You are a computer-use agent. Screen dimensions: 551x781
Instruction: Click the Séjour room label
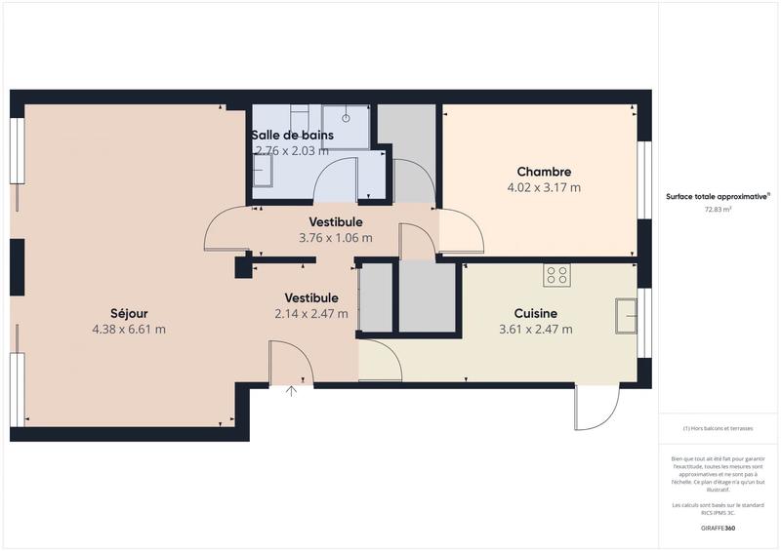pos(129,313)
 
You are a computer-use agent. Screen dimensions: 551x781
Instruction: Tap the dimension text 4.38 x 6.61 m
pos(129,330)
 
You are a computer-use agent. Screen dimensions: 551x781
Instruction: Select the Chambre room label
pos(544,172)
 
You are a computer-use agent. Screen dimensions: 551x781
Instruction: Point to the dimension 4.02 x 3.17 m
pos(544,187)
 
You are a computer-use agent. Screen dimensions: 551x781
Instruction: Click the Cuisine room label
pos(535,313)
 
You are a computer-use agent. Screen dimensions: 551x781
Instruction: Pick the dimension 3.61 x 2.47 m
pos(535,330)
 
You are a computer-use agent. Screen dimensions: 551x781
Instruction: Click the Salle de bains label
pos(292,135)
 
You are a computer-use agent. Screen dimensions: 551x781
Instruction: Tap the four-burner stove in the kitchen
pos(557,275)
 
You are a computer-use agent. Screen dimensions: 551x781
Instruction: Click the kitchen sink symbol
pos(626,315)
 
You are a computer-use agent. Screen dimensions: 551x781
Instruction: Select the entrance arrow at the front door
pos(291,392)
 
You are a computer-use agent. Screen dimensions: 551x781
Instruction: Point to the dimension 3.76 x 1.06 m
pos(336,236)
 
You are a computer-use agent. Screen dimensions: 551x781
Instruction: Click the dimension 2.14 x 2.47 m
pos(311,313)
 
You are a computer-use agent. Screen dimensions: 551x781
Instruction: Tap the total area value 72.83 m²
pos(719,209)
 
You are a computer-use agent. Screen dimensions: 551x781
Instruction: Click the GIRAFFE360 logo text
pos(719,528)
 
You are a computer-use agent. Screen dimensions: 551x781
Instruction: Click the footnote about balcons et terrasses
pos(719,428)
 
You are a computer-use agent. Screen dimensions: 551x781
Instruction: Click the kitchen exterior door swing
pos(597,408)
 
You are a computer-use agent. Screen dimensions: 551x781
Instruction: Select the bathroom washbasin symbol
pos(262,173)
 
